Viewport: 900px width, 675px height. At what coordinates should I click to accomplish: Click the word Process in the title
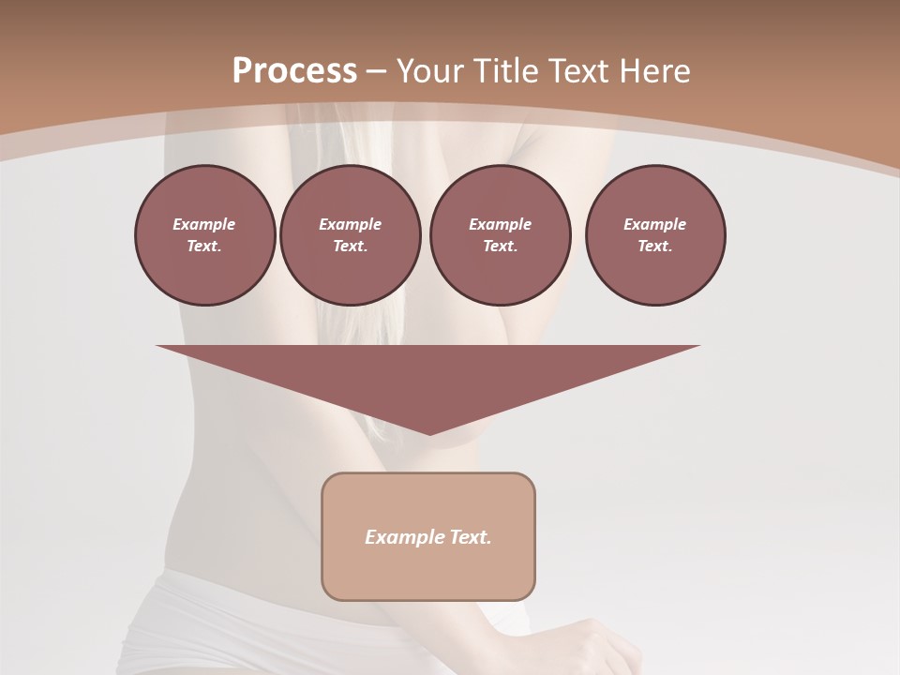coord(294,71)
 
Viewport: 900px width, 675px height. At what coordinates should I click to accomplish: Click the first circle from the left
coord(204,235)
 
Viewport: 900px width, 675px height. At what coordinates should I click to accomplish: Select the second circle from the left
coord(351,235)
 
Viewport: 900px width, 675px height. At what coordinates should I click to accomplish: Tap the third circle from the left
coord(500,235)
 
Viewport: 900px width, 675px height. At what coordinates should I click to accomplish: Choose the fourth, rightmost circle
coord(655,235)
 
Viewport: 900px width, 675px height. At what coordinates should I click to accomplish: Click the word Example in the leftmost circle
coord(204,224)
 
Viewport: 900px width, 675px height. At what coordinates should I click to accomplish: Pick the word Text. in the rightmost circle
coord(655,247)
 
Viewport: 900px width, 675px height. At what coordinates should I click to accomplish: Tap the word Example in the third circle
coord(500,224)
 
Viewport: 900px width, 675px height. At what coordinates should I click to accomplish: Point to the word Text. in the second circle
coord(351,247)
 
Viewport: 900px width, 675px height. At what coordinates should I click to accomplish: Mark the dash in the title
coord(376,71)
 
